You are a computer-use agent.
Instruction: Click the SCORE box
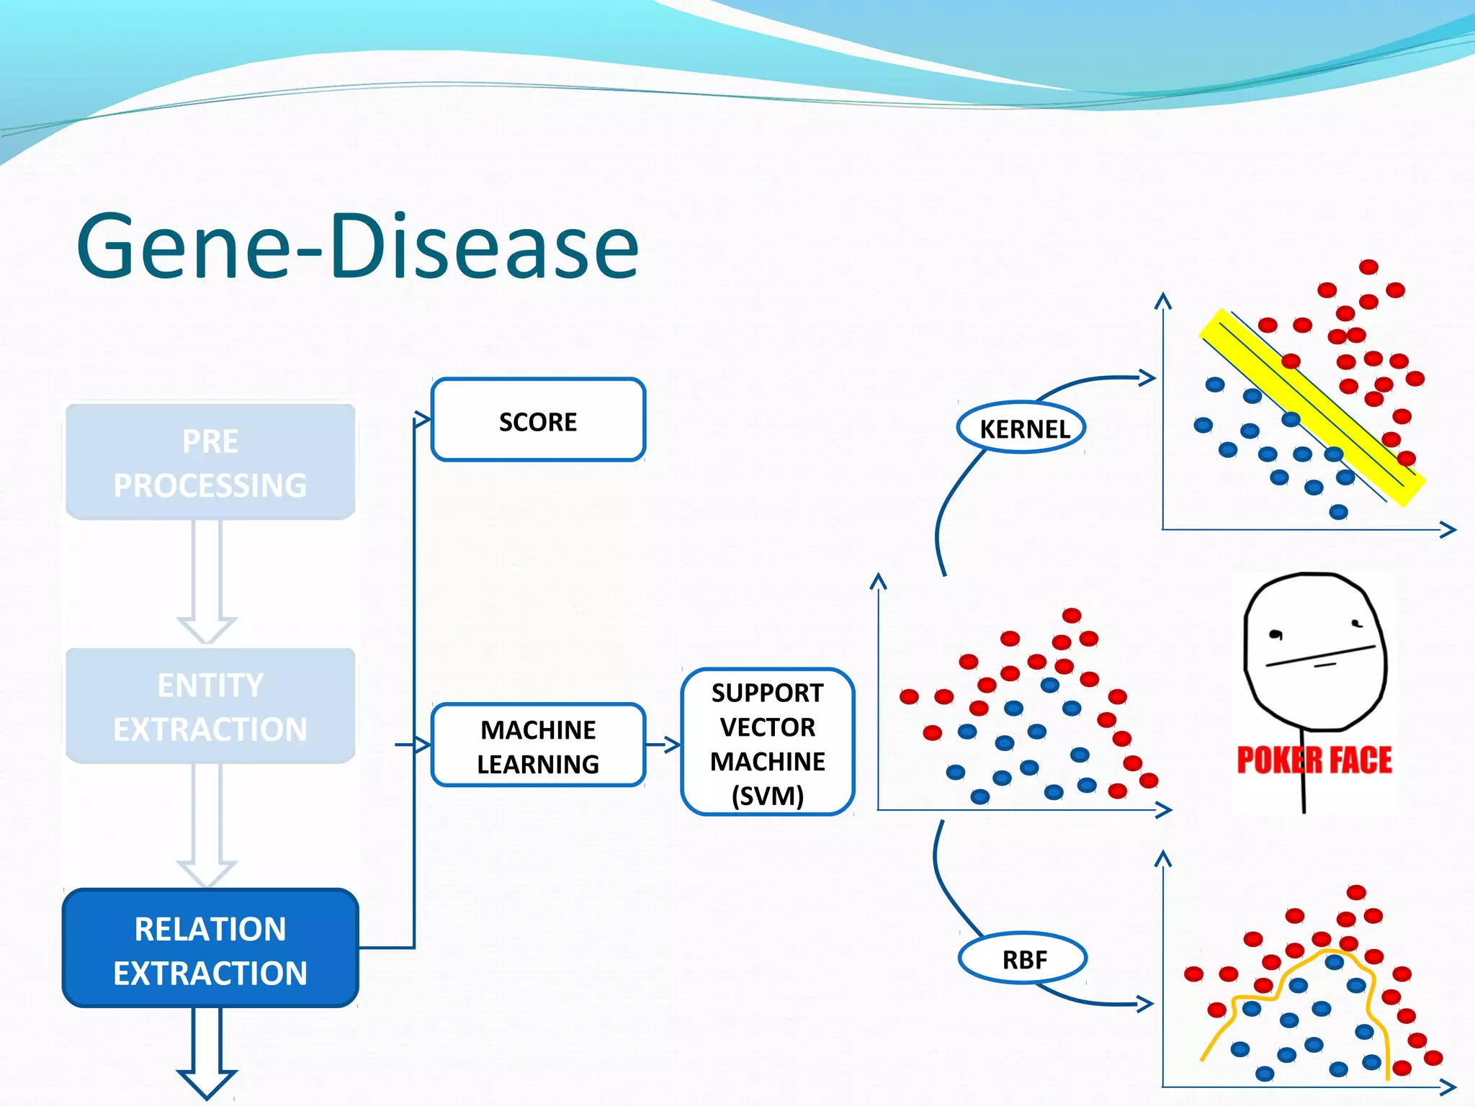click(x=538, y=420)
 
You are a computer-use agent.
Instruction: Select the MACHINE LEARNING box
click(x=538, y=745)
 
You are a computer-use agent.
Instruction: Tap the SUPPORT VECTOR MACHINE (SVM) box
click(x=767, y=742)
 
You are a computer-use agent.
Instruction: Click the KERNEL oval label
click(x=1023, y=428)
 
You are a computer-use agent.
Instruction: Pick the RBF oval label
click(x=1023, y=959)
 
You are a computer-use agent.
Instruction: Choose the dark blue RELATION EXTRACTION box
click(x=210, y=949)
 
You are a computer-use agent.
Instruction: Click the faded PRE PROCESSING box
click(x=210, y=462)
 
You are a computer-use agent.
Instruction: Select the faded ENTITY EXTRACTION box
click(x=210, y=706)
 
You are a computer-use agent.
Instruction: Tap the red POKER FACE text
click(x=1314, y=760)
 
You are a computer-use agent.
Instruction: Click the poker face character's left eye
click(x=1276, y=634)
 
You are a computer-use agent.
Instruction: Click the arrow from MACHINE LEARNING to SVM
click(x=663, y=745)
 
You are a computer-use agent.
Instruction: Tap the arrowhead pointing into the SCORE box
click(x=423, y=420)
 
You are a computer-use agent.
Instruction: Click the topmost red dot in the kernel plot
click(x=1368, y=267)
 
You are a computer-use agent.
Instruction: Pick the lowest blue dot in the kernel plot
click(x=1338, y=512)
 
